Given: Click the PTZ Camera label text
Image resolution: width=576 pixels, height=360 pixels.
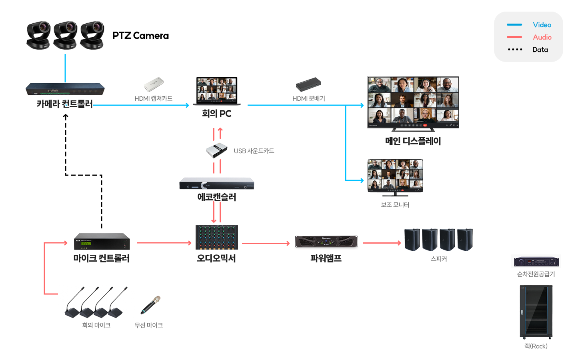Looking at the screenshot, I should [140, 36].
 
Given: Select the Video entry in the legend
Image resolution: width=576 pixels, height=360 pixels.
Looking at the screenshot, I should [542, 25].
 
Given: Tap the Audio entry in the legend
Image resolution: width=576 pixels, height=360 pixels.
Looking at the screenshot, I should [542, 37].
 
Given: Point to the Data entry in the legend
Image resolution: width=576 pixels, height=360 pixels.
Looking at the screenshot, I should [540, 50].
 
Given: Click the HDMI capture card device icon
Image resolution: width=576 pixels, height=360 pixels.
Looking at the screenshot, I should [154, 84].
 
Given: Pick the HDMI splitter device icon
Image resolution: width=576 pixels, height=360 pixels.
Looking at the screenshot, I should [308, 84].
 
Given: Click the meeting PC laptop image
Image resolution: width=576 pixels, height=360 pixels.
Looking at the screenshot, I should [217, 91].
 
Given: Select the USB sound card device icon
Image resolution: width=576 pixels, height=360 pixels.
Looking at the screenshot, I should [217, 150].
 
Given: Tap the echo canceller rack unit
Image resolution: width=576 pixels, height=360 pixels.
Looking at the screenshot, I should [217, 184].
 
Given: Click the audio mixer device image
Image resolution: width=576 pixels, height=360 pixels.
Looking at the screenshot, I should [217, 237].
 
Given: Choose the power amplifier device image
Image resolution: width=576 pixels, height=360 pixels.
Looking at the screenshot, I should [326, 242].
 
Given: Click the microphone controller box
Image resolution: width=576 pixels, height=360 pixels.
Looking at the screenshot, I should [102, 241].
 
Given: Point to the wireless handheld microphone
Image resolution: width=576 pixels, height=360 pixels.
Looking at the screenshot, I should [151, 305].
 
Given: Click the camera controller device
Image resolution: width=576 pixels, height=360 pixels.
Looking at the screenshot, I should [65, 89].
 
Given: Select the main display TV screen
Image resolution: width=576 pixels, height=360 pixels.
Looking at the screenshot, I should [413, 102].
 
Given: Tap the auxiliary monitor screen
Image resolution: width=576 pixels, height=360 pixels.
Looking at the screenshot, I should [395, 176].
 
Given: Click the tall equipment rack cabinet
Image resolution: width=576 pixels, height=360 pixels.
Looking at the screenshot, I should [536, 312].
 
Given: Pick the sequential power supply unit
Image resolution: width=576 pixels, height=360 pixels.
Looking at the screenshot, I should [536, 262].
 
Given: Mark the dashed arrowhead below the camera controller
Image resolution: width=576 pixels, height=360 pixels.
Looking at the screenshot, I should [66, 116].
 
